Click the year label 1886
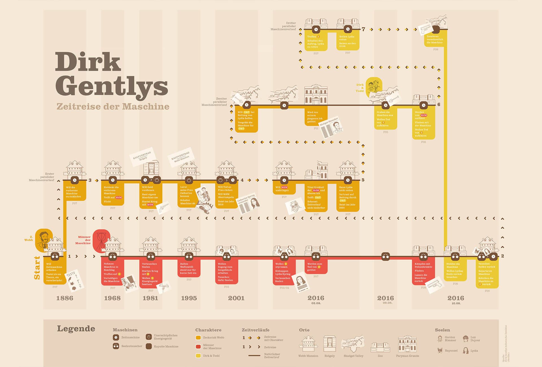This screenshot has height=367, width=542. point(65,298)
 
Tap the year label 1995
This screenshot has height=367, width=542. point(189,298)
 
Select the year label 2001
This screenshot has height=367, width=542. point(236,298)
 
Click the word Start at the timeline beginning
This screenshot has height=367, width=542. point(37,268)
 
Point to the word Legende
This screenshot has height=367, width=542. point(76,329)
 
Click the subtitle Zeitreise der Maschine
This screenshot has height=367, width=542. point(113,106)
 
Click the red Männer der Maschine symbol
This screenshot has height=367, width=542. point(101,240)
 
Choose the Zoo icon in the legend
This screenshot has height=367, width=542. point(380,347)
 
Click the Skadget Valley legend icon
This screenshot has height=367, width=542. point(353,344)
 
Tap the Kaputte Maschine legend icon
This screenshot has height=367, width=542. point(149,346)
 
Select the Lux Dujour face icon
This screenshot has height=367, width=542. point(465,338)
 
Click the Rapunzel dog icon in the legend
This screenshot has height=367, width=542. point(440,351)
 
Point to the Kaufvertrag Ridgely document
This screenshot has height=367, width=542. point(143,156)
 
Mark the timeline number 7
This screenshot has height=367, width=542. point(363,29)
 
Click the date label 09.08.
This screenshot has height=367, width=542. point(387,303)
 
